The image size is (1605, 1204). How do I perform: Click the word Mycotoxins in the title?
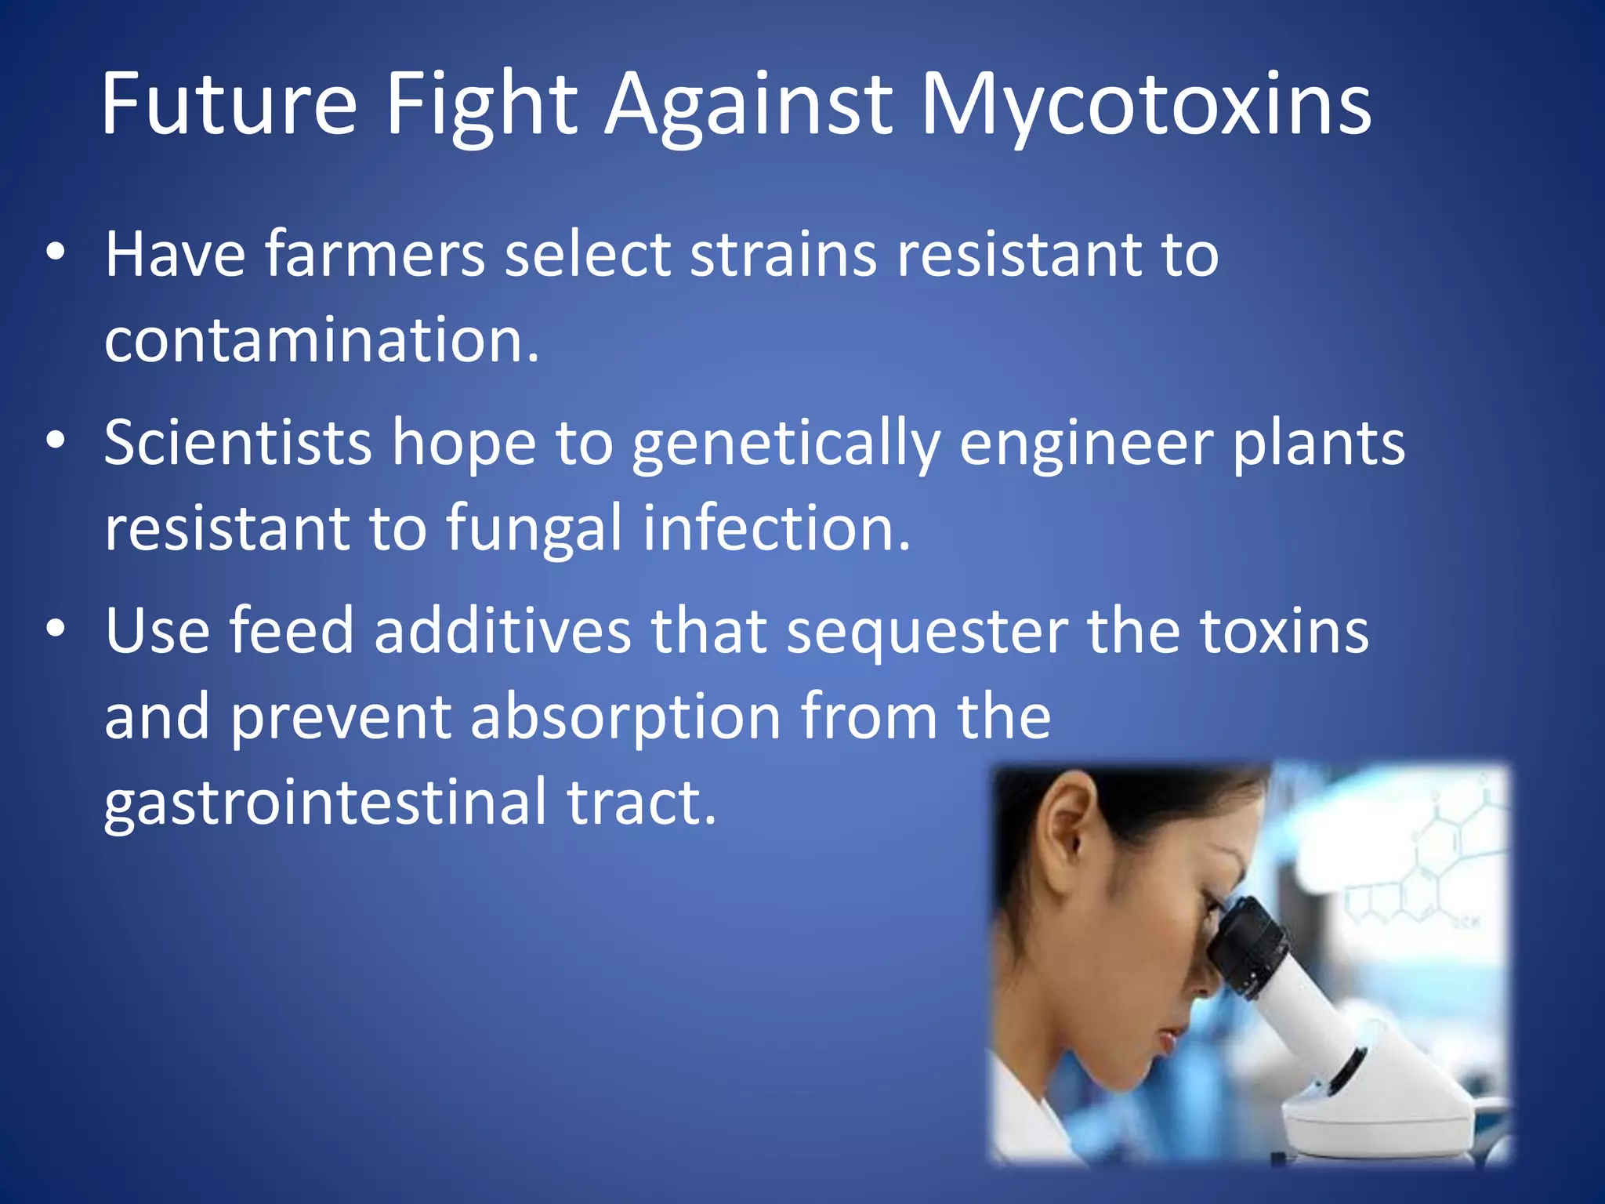click(1145, 106)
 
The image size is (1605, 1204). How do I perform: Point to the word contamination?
click(321, 341)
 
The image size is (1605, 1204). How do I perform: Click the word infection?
click(776, 528)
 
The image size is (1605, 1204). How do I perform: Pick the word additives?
click(502, 631)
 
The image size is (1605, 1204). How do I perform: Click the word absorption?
click(625, 718)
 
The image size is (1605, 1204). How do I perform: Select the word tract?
click(641, 803)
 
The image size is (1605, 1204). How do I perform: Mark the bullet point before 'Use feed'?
click(56, 629)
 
